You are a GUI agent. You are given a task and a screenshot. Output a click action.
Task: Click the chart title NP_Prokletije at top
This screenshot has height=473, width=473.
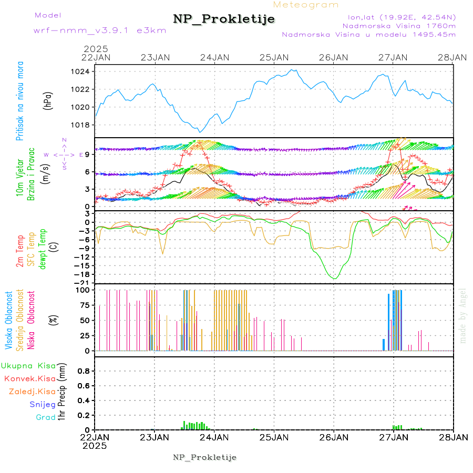click(x=224, y=19)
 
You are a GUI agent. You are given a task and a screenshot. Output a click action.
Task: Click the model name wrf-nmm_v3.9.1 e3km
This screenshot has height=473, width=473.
click(x=100, y=30)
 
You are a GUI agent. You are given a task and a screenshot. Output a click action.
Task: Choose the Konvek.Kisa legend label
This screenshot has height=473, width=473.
click(x=29, y=378)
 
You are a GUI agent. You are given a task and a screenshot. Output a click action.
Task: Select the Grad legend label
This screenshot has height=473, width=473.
click(x=46, y=417)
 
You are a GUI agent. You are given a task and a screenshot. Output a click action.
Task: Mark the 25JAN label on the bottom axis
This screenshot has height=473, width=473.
click(x=274, y=437)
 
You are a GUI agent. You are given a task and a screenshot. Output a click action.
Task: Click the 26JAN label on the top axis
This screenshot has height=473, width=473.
click(x=334, y=57)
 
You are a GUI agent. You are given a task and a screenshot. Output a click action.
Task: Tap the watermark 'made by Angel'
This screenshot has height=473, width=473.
click(x=463, y=315)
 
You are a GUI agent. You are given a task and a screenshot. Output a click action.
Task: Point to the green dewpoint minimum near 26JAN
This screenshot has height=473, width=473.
click(x=334, y=278)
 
